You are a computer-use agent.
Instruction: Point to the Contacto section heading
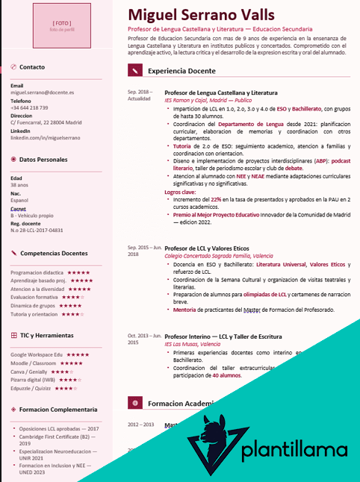(31, 67)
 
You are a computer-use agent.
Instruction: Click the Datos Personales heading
(43, 160)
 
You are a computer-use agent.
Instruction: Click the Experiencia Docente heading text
(181, 71)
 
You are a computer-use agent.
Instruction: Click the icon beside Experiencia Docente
(134, 71)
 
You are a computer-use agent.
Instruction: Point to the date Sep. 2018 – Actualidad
(140, 95)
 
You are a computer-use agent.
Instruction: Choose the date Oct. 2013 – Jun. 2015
(143, 339)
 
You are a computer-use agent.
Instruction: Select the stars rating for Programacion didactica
(78, 273)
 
